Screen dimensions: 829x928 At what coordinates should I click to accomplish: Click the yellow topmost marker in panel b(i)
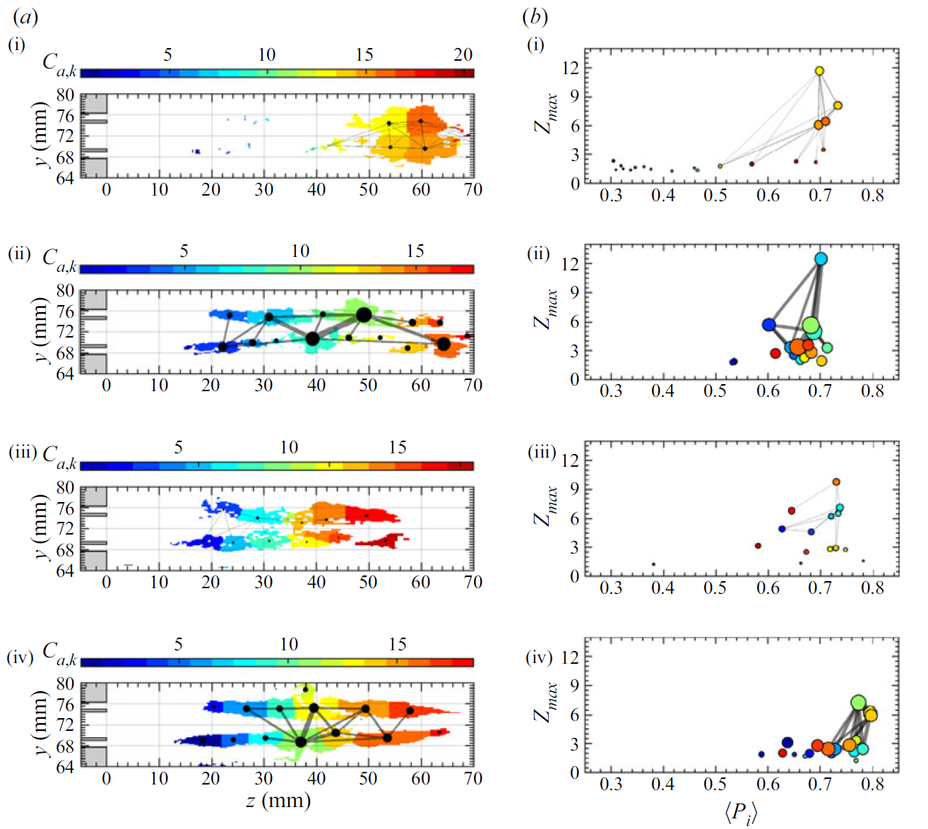(x=819, y=71)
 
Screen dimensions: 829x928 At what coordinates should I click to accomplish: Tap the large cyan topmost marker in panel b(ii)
(x=821, y=259)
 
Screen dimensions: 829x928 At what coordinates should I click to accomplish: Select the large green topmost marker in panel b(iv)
(x=858, y=703)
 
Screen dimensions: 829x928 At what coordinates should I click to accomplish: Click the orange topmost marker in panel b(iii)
(x=836, y=482)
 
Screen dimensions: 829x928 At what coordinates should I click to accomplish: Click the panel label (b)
(x=535, y=17)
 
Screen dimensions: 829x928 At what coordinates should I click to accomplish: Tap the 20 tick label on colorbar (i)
(x=463, y=54)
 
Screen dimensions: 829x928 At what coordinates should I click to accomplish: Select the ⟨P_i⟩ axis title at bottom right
(x=739, y=813)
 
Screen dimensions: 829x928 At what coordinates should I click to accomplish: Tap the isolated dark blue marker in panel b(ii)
(x=733, y=362)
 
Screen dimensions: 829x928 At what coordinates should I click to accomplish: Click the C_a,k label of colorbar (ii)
(x=60, y=259)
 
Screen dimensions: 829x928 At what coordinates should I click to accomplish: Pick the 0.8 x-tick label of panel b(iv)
(x=872, y=785)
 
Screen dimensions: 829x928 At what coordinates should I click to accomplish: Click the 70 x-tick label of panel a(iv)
(x=472, y=778)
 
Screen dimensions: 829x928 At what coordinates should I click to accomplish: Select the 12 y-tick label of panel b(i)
(x=571, y=68)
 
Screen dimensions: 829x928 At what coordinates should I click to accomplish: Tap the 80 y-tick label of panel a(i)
(x=65, y=95)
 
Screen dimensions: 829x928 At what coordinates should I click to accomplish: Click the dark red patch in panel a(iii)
(x=381, y=542)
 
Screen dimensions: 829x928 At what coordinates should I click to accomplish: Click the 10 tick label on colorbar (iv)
(x=288, y=644)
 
